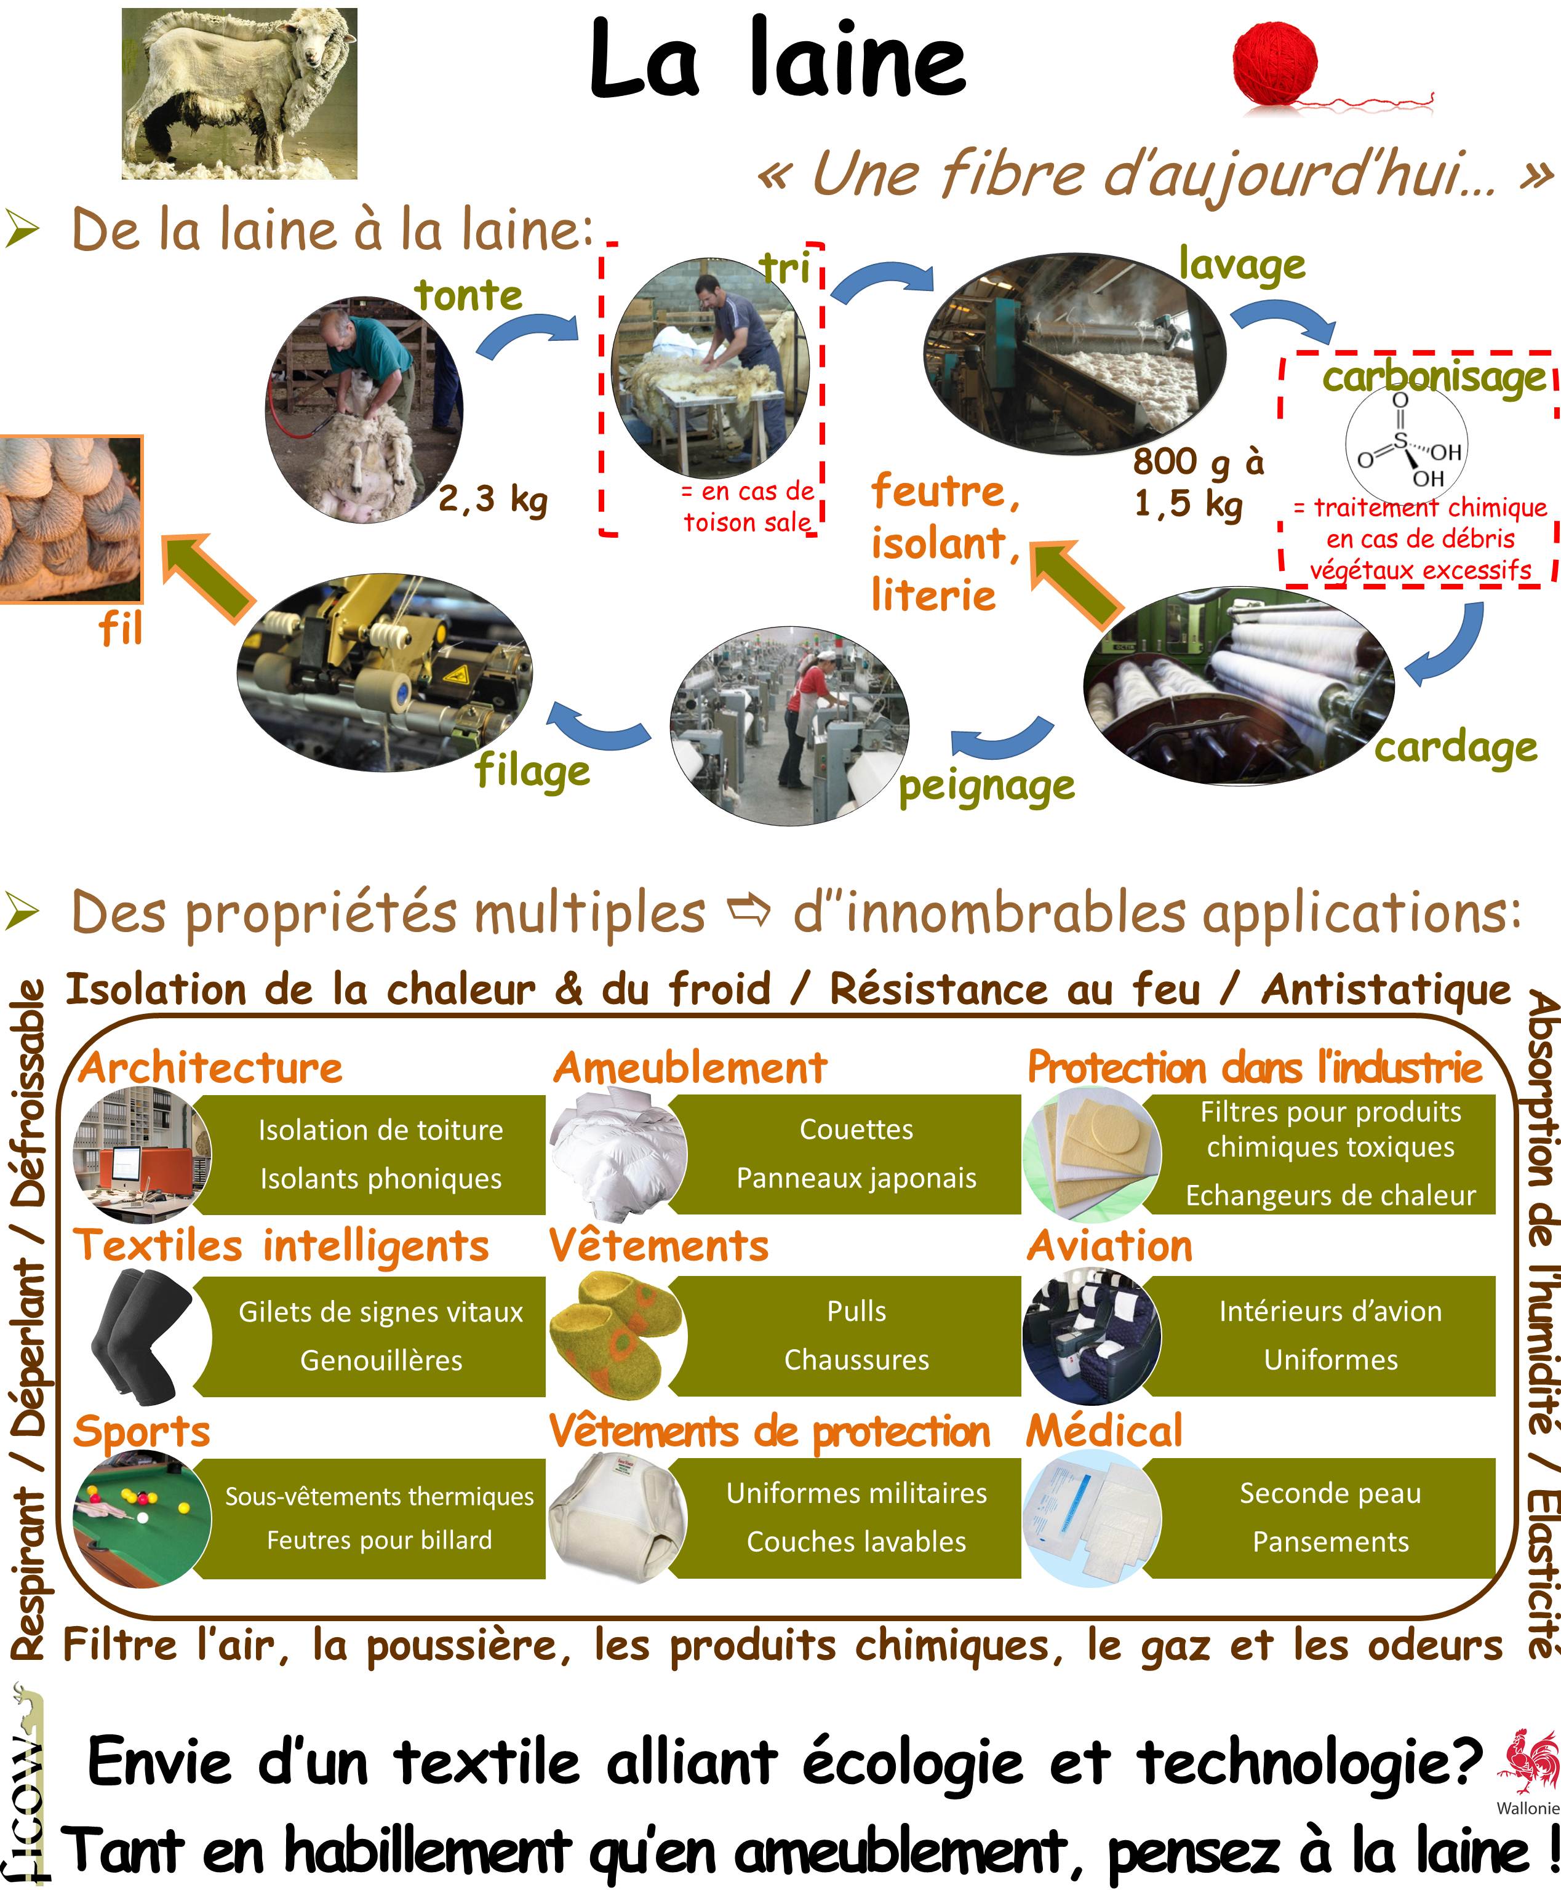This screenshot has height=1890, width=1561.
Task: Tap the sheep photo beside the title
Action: coord(239,94)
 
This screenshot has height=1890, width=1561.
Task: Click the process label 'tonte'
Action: coord(468,295)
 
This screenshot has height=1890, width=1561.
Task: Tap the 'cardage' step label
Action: coord(1456,747)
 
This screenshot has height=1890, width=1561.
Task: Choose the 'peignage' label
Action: coord(986,786)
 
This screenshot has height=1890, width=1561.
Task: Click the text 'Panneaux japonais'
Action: coord(856,1178)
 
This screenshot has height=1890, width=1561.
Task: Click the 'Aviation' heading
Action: coord(1109,1246)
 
